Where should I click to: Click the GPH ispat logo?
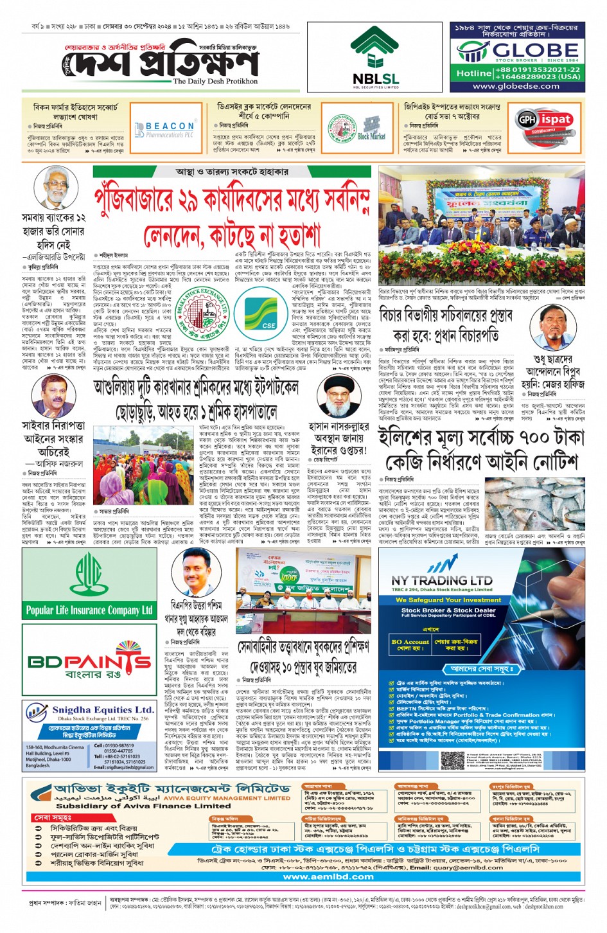pos(545,120)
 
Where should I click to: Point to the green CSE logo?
pos(269,317)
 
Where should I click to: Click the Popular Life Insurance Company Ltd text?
pos(89,610)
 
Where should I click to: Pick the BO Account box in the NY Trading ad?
pos(410,644)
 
